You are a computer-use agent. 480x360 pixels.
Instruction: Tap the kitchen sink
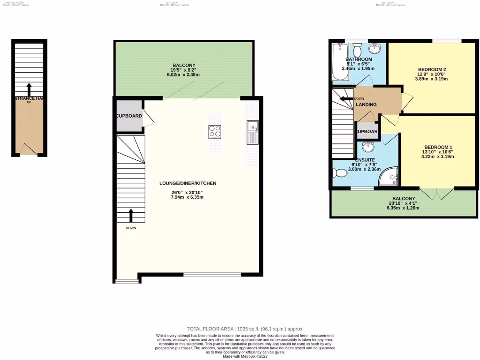pyautogui.click(x=253, y=132)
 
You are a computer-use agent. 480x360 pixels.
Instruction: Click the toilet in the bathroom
pyautogui.click(x=358, y=50)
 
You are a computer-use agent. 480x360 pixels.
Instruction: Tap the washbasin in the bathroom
pyautogui.click(x=375, y=49)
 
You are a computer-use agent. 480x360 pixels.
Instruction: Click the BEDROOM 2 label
pyautogui.click(x=432, y=70)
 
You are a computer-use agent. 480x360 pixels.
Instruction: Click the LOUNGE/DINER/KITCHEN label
pyautogui.click(x=187, y=183)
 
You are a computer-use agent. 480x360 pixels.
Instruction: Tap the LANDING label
pyautogui.click(x=366, y=105)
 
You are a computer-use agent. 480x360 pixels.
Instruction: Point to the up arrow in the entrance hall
pyautogui.click(x=29, y=89)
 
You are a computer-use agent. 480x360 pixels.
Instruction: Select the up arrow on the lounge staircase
pyautogui.click(x=131, y=215)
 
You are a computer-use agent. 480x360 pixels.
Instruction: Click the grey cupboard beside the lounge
pyautogui.click(x=129, y=116)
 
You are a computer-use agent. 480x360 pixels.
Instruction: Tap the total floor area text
pyautogui.click(x=248, y=329)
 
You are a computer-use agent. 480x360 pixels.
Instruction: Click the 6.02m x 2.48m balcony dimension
pyautogui.click(x=183, y=75)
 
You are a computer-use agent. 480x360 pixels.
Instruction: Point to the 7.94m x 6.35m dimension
pyautogui.click(x=187, y=197)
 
